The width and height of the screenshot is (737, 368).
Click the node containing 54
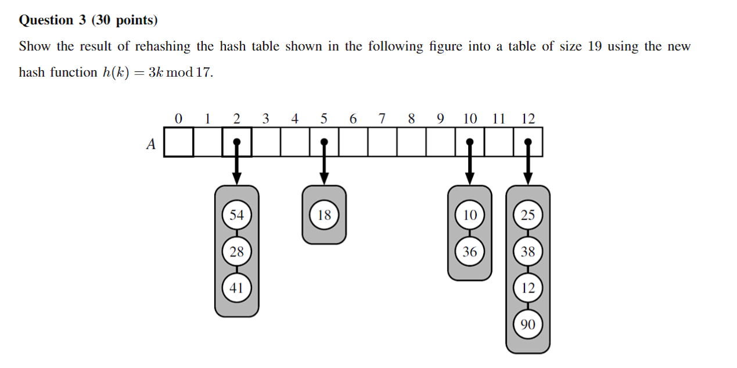(x=236, y=215)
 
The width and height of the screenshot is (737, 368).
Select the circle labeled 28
(x=236, y=251)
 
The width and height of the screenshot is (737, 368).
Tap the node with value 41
(x=236, y=287)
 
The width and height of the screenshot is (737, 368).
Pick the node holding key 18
(x=324, y=215)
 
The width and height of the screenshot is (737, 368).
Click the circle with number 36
(x=469, y=251)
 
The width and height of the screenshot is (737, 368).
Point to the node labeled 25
(x=527, y=215)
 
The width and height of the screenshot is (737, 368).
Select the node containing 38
(x=527, y=251)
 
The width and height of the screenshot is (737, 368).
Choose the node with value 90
(x=527, y=324)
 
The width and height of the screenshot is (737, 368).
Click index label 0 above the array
(x=178, y=118)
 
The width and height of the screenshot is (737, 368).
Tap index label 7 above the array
(x=382, y=118)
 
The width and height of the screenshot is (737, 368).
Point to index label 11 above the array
(x=498, y=118)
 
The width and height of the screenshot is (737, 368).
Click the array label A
(x=151, y=145)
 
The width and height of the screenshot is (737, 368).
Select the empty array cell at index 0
(x=178, y=143)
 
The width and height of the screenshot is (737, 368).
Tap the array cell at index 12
(x=527, y=143)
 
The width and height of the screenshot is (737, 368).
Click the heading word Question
(x=46, y=20)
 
